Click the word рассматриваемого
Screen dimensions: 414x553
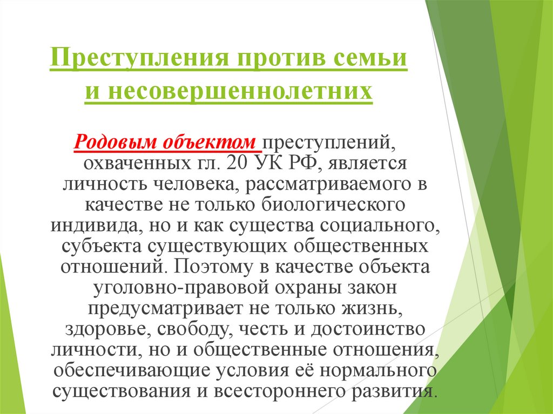coord(326,185)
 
